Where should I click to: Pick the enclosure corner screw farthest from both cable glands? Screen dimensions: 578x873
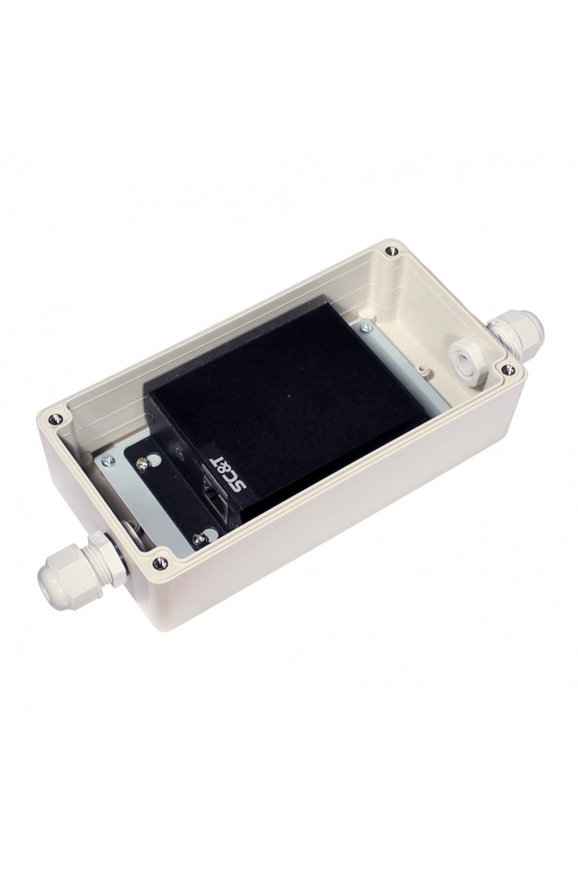pos(389,250)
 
